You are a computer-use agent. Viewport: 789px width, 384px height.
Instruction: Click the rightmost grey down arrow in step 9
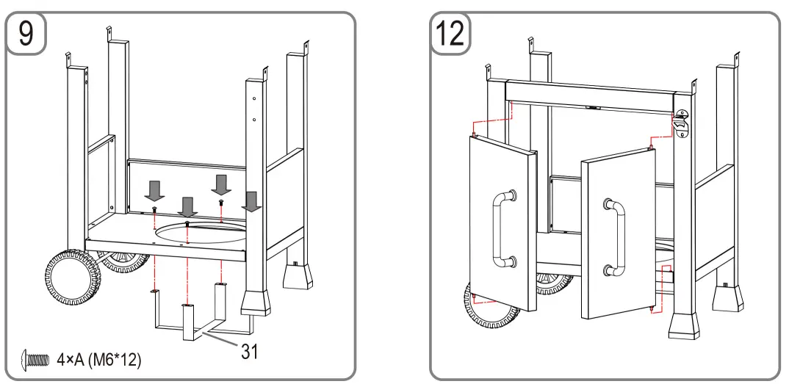[252, 201]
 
